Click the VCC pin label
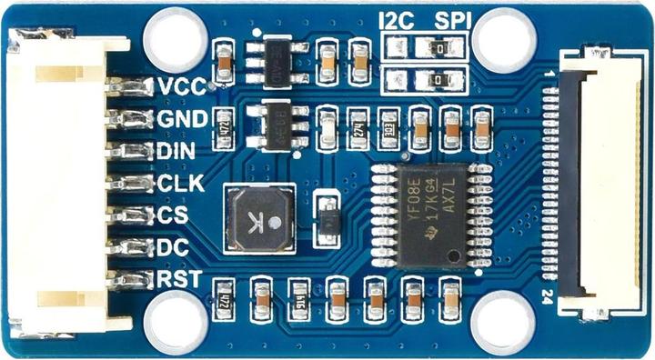[x=180, y=86]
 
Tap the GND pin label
[x=181, y=119]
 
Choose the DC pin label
[x=173, y=246]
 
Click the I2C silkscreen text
[x=396, y=19]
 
